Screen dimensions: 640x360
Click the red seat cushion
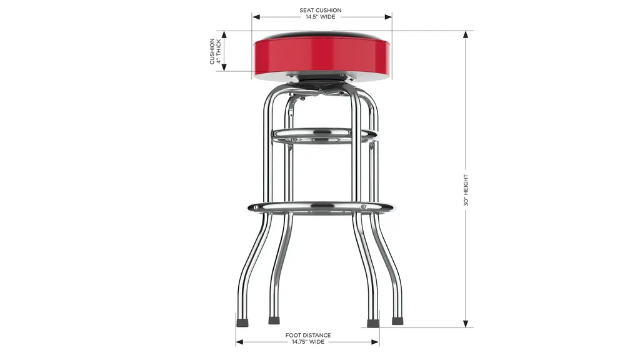pos(322,56)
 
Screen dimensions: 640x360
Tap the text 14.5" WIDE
pos(321,17)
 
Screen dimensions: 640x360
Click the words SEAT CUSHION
pos(321,10)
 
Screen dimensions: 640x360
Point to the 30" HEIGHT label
pos(466,190)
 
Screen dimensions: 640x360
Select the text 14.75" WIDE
pos(307,342)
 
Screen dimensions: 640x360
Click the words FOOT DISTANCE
pos(307,335)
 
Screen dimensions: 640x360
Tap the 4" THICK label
pos(219,51)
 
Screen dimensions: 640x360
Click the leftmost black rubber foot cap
pos(242,322)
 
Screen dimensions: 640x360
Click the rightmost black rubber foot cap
pos(397,321)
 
